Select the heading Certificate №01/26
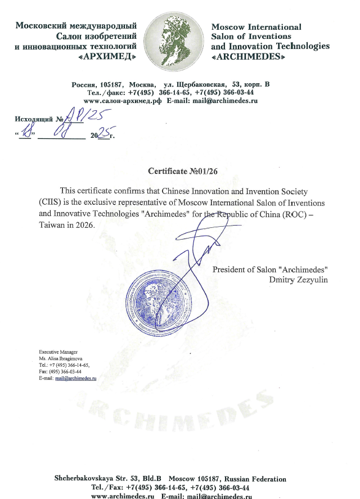[x=179, y=170]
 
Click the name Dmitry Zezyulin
[x=299, y=280]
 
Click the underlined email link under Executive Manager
[x=75, y=379]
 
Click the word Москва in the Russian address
[x=142, y=84]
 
